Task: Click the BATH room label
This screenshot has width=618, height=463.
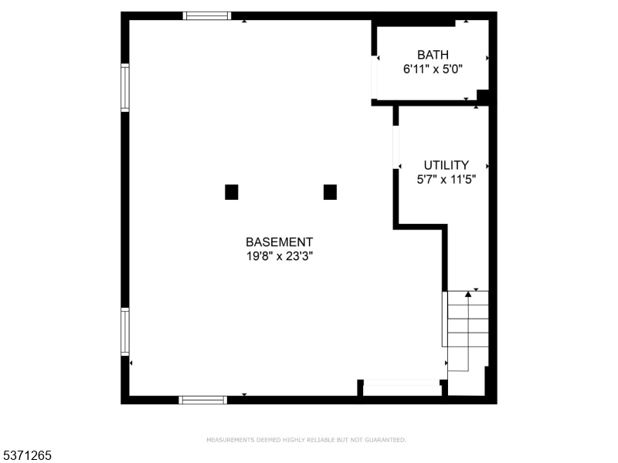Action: [x=433, y=55]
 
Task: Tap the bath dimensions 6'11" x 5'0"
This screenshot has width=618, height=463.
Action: [x=433, y=69]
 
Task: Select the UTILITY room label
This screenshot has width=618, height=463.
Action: [x=447, y=165]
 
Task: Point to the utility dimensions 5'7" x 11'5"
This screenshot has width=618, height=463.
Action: [x=447, y=180]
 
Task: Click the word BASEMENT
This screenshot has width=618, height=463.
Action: [x=279, y=242]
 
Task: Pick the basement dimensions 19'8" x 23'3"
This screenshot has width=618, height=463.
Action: [x=280, y=256]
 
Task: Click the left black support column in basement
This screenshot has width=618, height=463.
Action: [x=231, y=192]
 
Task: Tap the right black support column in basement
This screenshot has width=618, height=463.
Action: [x=330, y=192]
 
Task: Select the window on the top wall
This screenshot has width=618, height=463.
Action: [x=207, y=15]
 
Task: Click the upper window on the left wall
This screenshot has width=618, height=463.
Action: [x=125, y=87]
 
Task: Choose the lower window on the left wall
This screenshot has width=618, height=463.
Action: [x=125, y=332]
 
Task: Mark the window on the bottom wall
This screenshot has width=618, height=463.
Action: [x=203, y=400]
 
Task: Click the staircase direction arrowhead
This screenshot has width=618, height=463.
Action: [x=468, y=294]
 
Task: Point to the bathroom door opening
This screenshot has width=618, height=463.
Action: [x=374, y=78]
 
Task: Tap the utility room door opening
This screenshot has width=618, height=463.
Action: [x=396, y=147]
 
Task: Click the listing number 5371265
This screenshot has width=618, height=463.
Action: [x=25, y=455]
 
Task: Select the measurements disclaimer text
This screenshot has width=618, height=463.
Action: [x=306, y=440]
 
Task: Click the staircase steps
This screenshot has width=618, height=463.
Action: [x=467, y=331]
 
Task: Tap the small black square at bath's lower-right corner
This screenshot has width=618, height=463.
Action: [x=483, y=95]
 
